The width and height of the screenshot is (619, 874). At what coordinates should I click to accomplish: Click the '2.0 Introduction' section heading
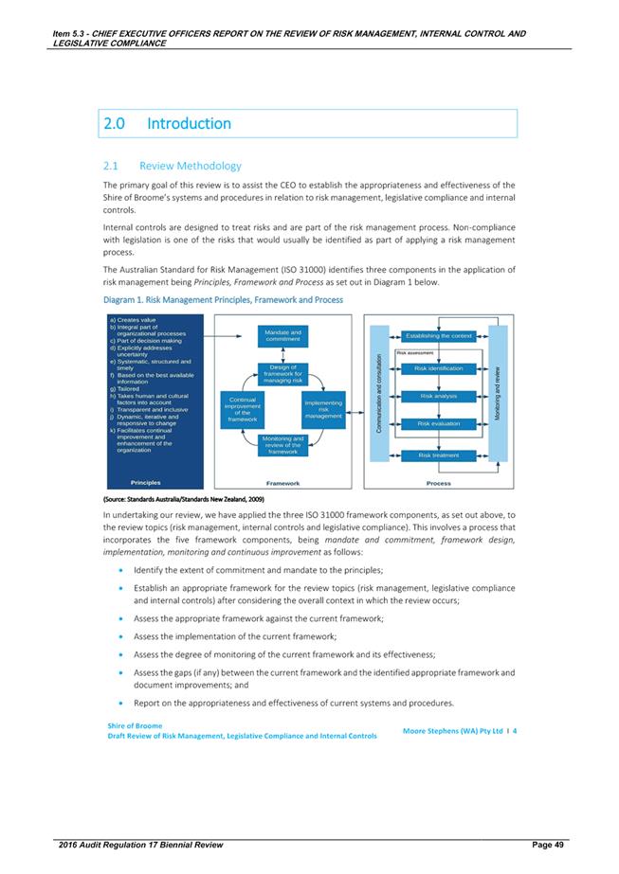tap(170, 124)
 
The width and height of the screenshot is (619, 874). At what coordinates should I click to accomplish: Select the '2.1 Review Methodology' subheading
tap(190, 166)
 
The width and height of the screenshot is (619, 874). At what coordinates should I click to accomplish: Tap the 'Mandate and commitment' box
tap(283, 336)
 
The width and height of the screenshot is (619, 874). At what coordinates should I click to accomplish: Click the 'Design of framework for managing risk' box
tap(283, 374)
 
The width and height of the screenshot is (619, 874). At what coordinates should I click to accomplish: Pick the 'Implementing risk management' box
tap(323, 410)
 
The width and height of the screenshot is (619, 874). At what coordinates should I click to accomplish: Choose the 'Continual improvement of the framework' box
tap(243, 410)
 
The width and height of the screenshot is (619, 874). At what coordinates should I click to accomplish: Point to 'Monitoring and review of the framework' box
tap(283, 445)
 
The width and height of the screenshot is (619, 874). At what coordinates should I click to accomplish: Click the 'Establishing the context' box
tap(439, 336)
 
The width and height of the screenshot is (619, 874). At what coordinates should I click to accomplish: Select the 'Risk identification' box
tap(439, 368)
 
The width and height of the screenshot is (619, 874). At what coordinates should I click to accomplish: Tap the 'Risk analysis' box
tap(439, 396)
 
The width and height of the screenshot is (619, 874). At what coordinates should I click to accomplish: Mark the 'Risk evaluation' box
tap(439, 423)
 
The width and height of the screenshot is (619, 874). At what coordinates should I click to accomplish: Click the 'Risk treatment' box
tap(439, 455)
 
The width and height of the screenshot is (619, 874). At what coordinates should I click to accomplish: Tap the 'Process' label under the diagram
tap(439, 483)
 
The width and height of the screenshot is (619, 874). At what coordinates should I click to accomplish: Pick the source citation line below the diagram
tap(183, 498)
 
